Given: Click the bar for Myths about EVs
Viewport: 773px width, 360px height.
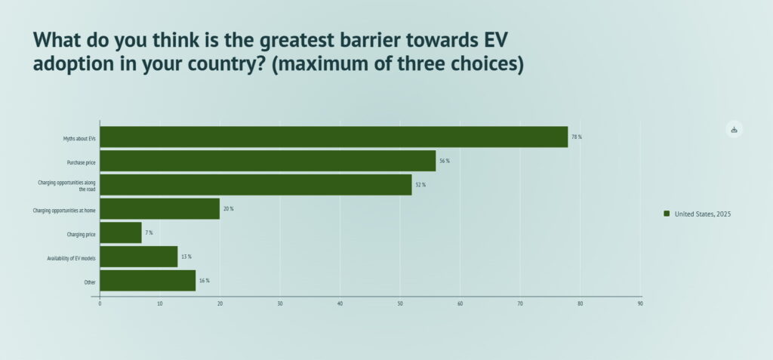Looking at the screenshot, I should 333,137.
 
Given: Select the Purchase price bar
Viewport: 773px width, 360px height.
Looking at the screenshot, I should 267,161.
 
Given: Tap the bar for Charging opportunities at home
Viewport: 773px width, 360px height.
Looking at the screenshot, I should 159,208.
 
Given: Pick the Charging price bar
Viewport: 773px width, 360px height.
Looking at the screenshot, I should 121,232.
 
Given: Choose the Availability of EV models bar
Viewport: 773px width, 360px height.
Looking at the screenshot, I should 138,257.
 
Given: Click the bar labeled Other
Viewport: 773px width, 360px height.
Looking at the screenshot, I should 147,281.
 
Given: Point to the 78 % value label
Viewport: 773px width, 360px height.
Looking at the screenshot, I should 577,137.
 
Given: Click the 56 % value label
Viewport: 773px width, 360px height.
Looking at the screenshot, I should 444,161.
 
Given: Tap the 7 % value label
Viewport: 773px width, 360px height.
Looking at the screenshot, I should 149,232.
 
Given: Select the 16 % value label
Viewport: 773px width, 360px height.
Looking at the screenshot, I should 204,281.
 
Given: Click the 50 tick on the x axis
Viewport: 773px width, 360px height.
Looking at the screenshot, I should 400,304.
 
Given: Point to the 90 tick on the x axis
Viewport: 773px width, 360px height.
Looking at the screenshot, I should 640,304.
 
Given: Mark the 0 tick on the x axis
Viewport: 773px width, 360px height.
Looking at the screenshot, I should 100,304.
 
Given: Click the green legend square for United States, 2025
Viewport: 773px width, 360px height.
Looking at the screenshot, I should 667,214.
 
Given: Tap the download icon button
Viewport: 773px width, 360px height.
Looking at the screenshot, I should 734,129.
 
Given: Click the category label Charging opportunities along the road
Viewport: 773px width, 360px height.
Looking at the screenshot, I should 67,185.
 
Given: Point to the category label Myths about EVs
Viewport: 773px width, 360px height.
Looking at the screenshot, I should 79,138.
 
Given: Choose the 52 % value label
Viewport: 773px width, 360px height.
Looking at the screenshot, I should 420,185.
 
